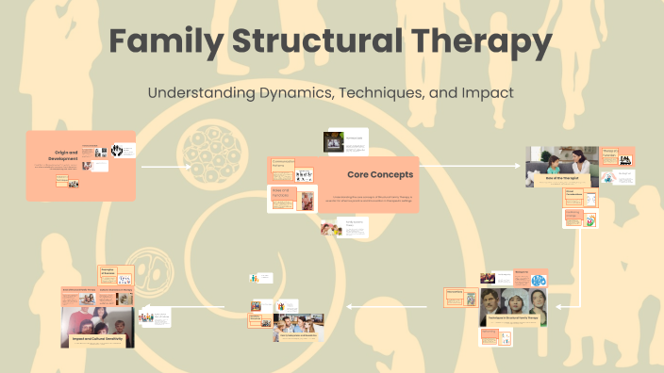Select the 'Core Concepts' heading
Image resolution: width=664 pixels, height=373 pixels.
click(x=380, y=174)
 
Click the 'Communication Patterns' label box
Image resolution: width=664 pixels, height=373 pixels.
click(x=282, y=168)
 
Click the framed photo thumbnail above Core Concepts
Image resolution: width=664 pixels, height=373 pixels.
click(x=333, y=141)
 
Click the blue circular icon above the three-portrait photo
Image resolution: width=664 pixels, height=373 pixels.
click(x=539, y=280)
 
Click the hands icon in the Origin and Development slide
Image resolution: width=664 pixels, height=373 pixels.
click(x=119, y=150)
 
